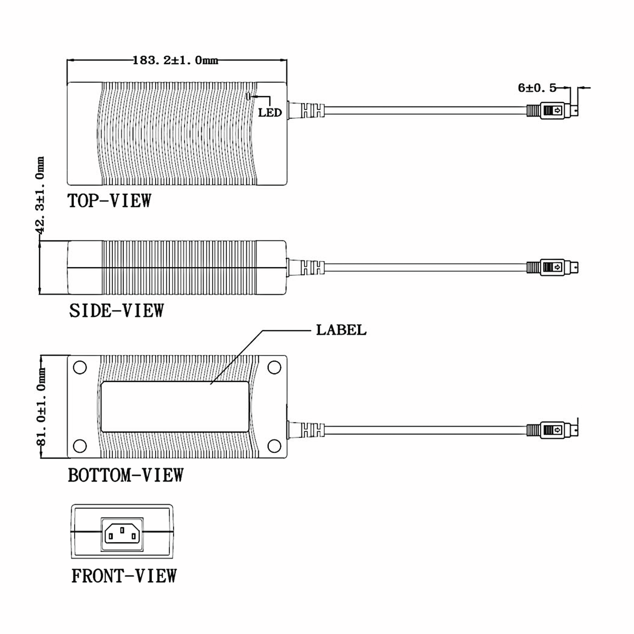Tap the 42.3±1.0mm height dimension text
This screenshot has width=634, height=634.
40,195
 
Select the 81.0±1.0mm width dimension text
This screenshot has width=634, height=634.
41,407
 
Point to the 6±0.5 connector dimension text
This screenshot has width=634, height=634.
537,88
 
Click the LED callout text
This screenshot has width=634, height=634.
270,113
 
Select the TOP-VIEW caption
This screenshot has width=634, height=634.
109,201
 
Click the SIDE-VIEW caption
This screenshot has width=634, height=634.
116,310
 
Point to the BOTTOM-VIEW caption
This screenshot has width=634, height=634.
126,475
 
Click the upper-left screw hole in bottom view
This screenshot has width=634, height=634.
80,367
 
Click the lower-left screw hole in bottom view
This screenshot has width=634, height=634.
80,446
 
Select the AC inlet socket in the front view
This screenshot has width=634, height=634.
122,534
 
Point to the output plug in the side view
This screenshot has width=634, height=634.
552,267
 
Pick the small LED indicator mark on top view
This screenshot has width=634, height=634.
248,96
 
